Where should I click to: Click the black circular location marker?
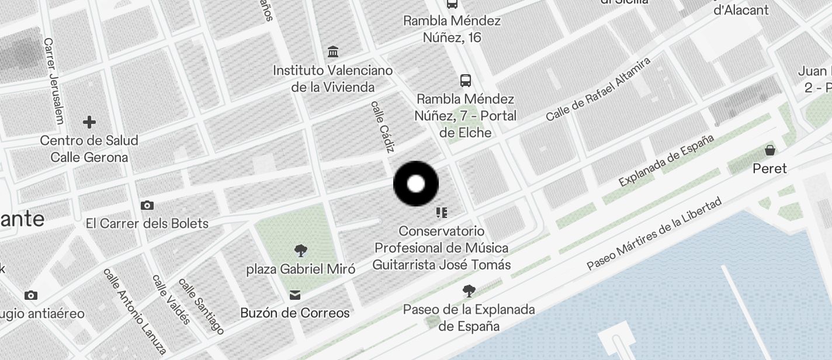(x=415, y=184)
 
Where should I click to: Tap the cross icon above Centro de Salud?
(x=89, y=122)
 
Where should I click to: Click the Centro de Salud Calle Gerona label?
(x=89, y=149)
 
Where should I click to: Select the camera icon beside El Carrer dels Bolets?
(x=147, y=205)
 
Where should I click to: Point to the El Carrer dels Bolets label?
(x=147, y=223)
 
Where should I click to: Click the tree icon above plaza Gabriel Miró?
(x=301, y=251)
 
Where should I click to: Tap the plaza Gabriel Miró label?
(x=301, y=269)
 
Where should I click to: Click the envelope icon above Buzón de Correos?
(x=295, y=295)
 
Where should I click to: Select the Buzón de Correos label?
(x=295, y=313)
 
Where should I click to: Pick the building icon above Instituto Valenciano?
(x=333, y=52)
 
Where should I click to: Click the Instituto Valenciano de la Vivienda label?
(x=333, y=79)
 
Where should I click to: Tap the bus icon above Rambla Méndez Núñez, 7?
(x=466, y=80)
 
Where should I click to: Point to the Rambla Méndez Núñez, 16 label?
(x=452, y=29)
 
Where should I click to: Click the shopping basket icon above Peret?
(x=770, y=150)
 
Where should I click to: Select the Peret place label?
(x=770, y=168)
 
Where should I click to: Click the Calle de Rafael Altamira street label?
(x=598, y=89)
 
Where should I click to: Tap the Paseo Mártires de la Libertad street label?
(x=654, y=234)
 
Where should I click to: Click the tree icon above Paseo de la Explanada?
(x=469, y=290)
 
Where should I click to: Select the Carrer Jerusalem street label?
(x=53, y=81)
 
